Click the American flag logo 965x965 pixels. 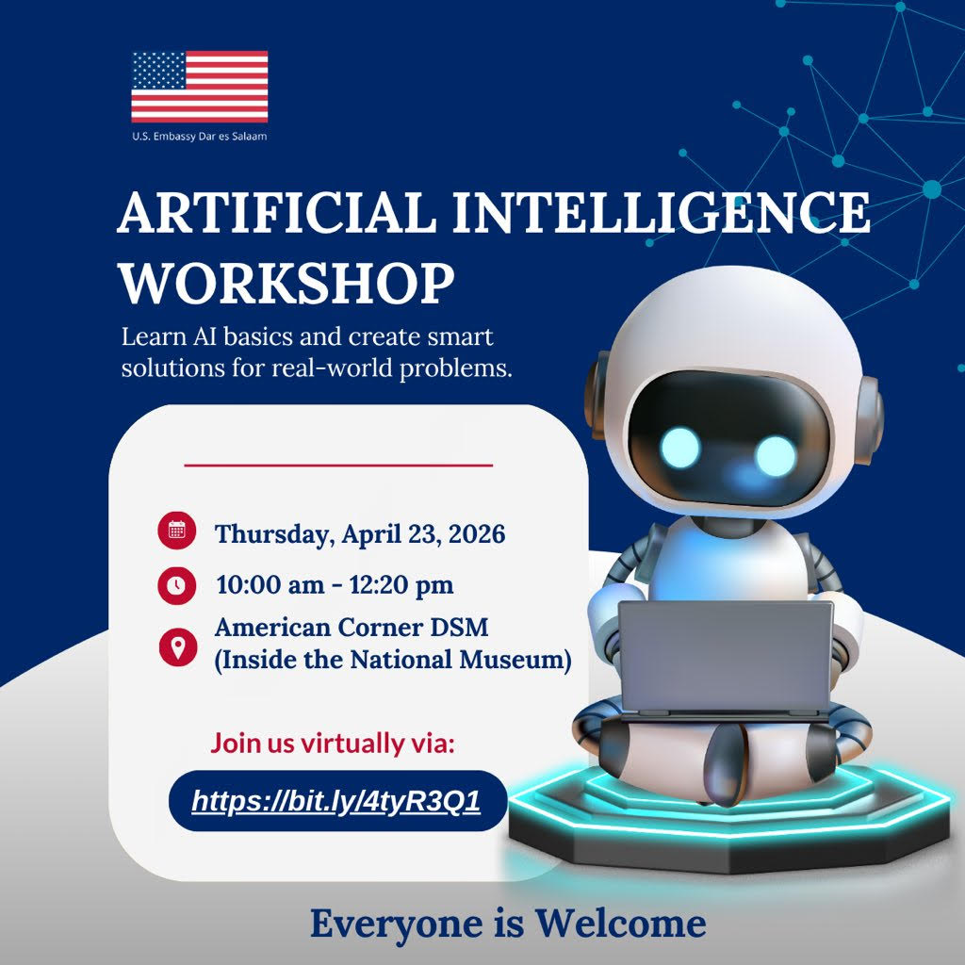coord(200,87)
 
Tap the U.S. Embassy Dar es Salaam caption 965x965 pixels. coord(200,137)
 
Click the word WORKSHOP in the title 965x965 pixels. coord(286,283)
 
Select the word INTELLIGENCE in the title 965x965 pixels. coord(661,212)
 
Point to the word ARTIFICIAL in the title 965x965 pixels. coord(277,212)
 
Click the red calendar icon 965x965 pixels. coord(176,530)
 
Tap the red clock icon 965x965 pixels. coord(176,584)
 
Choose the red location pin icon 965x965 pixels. coord(178,647)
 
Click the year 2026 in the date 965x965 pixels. coord(476,533)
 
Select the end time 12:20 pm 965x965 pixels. coord(401,584)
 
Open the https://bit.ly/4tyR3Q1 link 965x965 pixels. coord(336,801)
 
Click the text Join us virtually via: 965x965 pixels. coord(333,743)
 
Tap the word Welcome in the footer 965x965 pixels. coord(620,923)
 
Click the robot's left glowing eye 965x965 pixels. coord(680,448)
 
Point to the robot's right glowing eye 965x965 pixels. coord(776,456)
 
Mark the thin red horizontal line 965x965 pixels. coord(338,466)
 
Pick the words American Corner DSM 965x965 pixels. coord(352,627)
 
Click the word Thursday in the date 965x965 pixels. coord(274,534)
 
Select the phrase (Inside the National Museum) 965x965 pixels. coord(393,660)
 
